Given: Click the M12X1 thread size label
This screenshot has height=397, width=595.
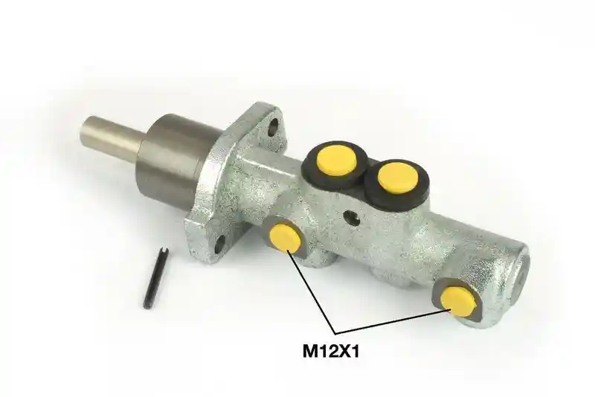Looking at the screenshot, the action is pos(331,352).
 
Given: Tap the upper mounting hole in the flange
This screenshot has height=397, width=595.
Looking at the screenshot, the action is pos(273,127).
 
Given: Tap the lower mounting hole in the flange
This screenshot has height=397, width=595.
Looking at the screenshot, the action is pos(219,245).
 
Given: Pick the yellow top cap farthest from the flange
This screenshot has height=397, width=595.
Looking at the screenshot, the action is pos(398,177).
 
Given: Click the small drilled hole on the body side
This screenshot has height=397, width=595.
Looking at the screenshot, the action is pos(351,217).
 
